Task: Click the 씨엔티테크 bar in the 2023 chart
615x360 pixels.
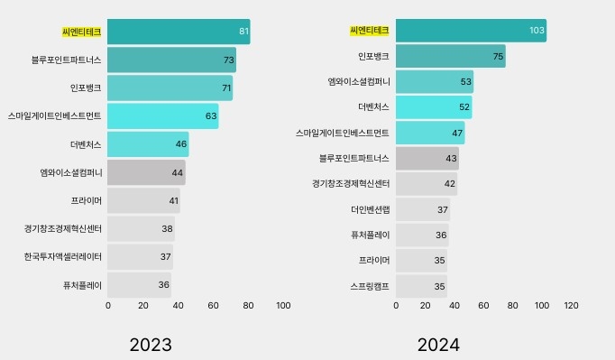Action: pyautogui.click(x=179, y=32)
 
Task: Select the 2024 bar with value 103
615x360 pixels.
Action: pyautogui.click(x=470, y=31)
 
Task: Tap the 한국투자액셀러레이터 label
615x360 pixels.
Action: pyautogui.click(x=63, y=257)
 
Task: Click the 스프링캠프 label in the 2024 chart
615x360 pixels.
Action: pyautogui.click(x=370, y=286)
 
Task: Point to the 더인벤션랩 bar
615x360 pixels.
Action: pyautogui.click(x=422, y=209)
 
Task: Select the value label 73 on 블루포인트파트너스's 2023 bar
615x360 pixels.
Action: pyautogui.click(x=229, y=60)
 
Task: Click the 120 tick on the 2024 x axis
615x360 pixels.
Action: pyautogui.click(x=571, y=306)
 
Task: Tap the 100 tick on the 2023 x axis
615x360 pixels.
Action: pyautogui.click(x=283, y=306)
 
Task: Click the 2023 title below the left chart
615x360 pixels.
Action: pyautogui.click(x=151, y=345)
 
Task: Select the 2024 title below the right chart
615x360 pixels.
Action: pyautogui.click(x=438, y=345)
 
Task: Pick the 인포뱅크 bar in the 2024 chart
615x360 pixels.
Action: pyautogui.click(x=450, y=56)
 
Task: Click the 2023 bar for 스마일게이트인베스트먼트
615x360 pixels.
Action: pyautogui.click(x=162, y=116)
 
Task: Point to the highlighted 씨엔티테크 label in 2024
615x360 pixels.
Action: pyautogui.click(x=369, y=31)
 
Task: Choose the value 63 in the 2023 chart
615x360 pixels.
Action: pyautogui.click(x=211, y=116)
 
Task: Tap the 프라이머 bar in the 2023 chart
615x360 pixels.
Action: pyautogui.click(x=143, y=201)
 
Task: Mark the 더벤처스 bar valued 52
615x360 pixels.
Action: pyautogui.click(x=433, y=107)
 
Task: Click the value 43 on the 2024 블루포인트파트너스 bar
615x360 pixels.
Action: pyautogui.click(x=451, y=159)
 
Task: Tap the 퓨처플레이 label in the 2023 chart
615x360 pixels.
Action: pyautogui.click(x=82, y=285)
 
